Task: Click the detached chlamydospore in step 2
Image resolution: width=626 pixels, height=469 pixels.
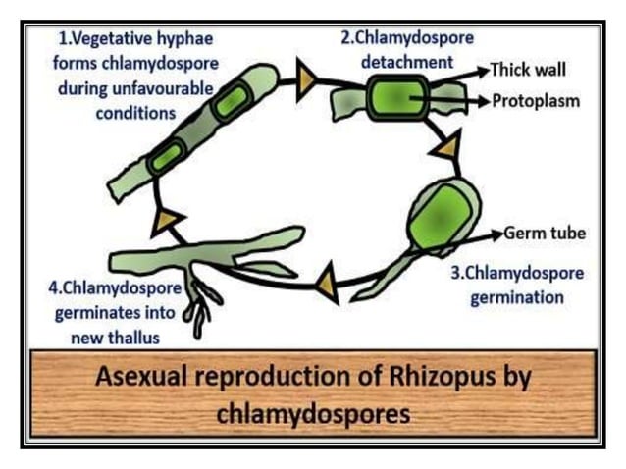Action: click(x=395, y=100)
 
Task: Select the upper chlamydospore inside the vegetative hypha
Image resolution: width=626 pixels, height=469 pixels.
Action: click(x=231, y=103)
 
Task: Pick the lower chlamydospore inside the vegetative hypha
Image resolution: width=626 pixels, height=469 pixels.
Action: click(x=167, y=156)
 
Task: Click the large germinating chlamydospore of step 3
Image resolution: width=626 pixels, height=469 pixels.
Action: click(x=443, y=211)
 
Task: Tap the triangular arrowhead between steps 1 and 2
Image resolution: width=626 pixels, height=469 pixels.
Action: click(x=305, y=81)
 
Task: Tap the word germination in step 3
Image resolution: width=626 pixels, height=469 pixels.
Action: click(x=517, y=297)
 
